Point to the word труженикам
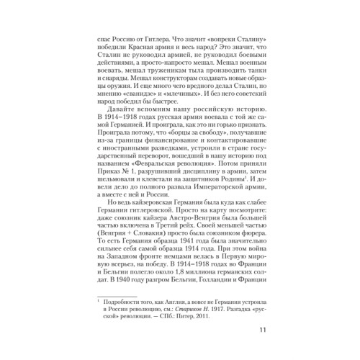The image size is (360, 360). click(x=156, y=73)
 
